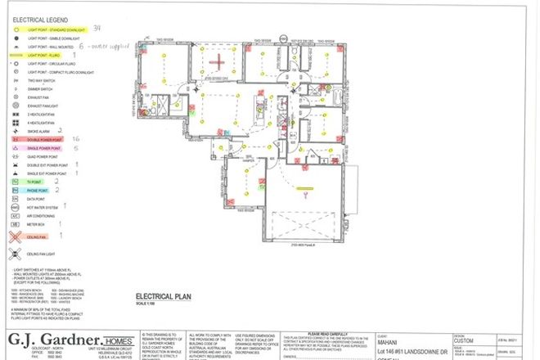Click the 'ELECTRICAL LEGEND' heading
pos(39,16)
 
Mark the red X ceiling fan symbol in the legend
pos(16,238)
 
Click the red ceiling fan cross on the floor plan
pos(217,61)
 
